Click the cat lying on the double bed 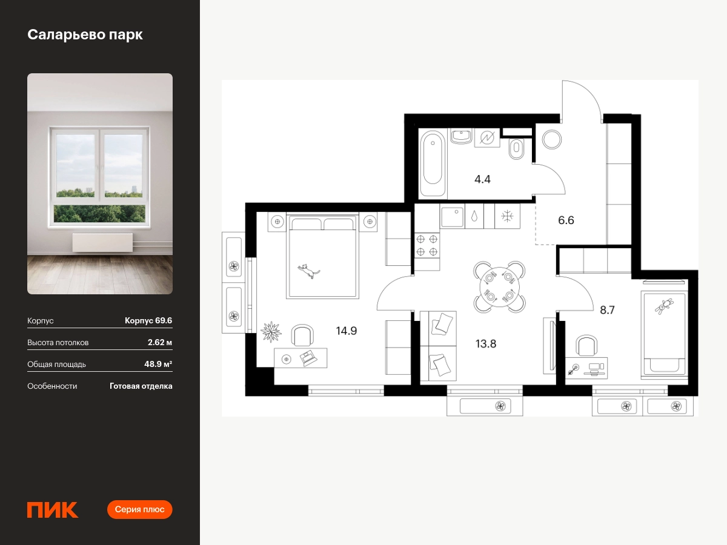click(x=309, y=271)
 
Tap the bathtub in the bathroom click(x=433, y=163)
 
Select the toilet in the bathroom click(x=516, y=149)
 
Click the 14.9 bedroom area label click(x=347, y=331)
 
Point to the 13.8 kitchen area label click(x=486, y=344)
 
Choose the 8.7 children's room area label click(x=607, y=309)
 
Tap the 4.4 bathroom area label click(x=482, y=179)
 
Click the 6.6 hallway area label click(x=566, y=220)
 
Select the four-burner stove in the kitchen click(x=427, y=245)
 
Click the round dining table click(x=499, y=287)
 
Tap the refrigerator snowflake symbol click(x=507, y=216)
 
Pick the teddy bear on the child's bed click(x=664, y=306)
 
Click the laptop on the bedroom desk click(x=308, y=358)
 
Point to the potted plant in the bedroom click(x=271, y=332)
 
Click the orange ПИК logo click(x=53, y=510)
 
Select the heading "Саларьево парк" click(x=85, y=35)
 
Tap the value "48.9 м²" click(x=158, y=364)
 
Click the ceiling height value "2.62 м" click(x=160, y=342)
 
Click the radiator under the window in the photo click(x=102, y=243)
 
